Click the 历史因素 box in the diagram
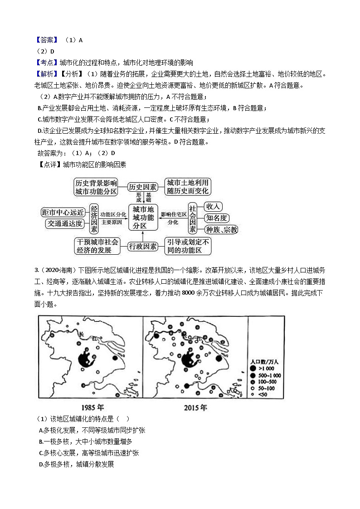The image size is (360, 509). (142, 187)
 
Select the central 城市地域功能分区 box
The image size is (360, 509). (143, 216)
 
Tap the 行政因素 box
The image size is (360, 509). (142, 246)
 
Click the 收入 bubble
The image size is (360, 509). (213, 207)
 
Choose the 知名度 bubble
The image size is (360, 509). (215, 218)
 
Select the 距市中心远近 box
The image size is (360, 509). (63, 212)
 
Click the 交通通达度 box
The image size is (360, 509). (64, 223)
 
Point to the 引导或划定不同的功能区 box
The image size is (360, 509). (187, 246)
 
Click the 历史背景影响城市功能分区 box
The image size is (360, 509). (96, 187)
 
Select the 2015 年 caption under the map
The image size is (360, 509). (195, 407)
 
